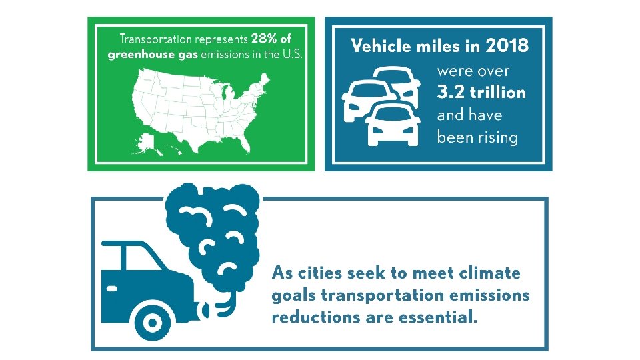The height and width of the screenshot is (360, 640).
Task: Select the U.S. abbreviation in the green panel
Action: (x=292, y=55)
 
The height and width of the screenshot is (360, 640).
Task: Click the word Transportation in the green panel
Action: (x=153, y=39)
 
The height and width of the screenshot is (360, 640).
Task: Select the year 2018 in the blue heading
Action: (x=507, y=45)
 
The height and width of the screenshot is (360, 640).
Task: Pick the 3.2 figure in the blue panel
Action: (x=451, y=92)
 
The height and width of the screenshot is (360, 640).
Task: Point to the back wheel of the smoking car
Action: (x=153, y=323)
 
